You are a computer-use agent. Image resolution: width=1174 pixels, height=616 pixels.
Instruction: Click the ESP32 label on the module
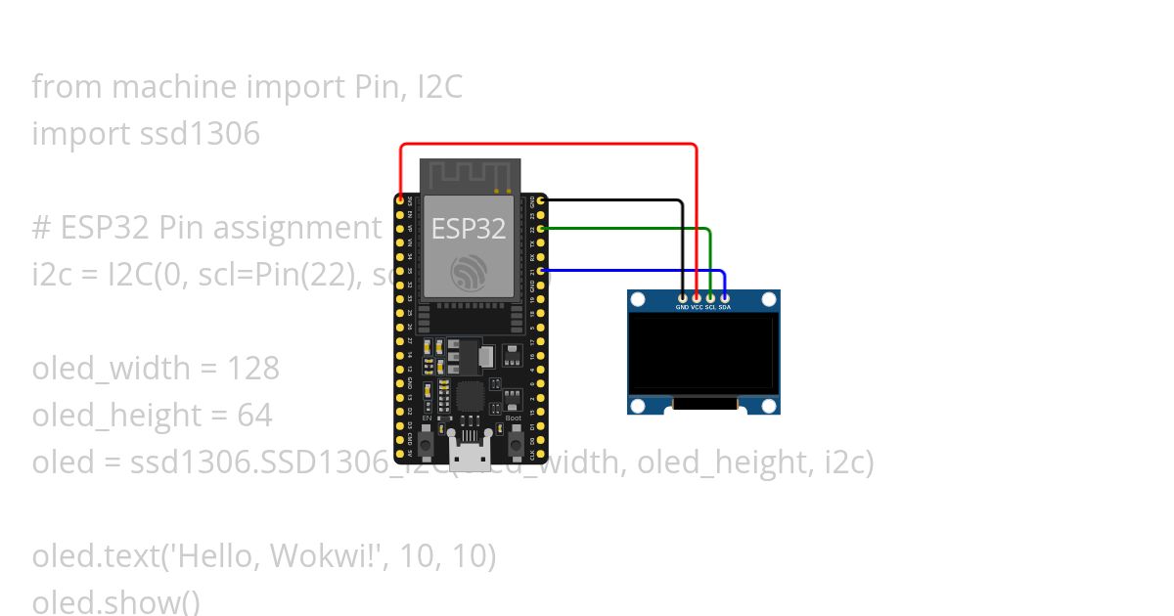(x=469, y=229)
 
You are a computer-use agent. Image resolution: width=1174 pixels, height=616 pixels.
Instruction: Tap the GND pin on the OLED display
(x=682, y=296)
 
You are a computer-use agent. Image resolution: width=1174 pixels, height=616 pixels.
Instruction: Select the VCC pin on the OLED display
(x=697, y=296)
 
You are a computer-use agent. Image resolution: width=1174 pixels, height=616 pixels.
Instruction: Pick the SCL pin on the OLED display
(x=710, y=296)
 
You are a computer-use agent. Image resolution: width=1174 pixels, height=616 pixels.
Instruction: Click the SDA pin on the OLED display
(x=724, y=296)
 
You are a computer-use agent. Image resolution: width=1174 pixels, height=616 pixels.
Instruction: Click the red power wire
(x=548, y=145)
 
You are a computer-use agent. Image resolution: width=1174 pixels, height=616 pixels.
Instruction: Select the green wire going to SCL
(x=626, y=228)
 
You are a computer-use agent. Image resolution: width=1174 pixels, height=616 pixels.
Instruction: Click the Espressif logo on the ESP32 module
(x=469, y=273)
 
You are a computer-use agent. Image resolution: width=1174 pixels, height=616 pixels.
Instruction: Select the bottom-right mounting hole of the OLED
(x=769, y=405)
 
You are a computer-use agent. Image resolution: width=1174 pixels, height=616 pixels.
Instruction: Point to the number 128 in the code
(x=253, y=369)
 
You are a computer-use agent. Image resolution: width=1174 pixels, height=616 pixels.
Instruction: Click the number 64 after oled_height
(x=254, y=416)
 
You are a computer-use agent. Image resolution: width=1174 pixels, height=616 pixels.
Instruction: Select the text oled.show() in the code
(x=115, y=601)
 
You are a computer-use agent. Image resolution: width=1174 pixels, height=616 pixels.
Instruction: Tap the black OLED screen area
(x=703, y=352)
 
